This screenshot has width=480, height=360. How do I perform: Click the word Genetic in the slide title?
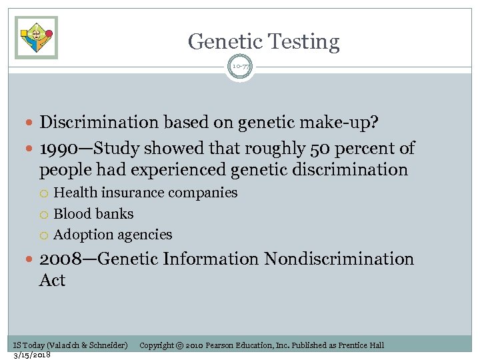221,41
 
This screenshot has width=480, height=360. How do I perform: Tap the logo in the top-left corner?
36,37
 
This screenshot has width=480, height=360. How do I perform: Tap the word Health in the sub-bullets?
75,193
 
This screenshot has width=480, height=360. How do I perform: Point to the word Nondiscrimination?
339,259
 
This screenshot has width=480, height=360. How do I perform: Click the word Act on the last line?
52,280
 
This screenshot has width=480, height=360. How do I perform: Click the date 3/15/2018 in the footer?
33,355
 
